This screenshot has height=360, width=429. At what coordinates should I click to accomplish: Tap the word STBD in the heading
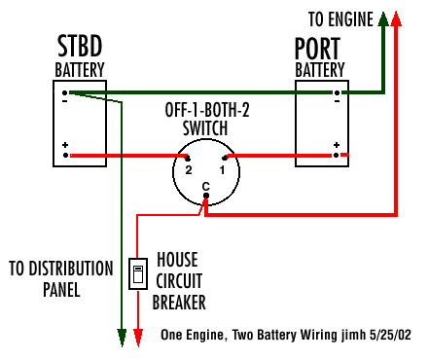pyautogui.click(x=80, y=48)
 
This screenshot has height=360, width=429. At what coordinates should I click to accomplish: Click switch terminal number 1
pyautogui.click(x=222, y=169)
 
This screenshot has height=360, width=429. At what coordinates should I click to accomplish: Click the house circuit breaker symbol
pyautogui.click(x=138, y=273)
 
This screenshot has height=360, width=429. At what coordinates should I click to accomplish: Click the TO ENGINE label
pyautogui.click(x=341, y=18)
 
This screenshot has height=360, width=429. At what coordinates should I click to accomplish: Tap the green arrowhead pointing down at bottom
pyautogui.click(x=123, y=338)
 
